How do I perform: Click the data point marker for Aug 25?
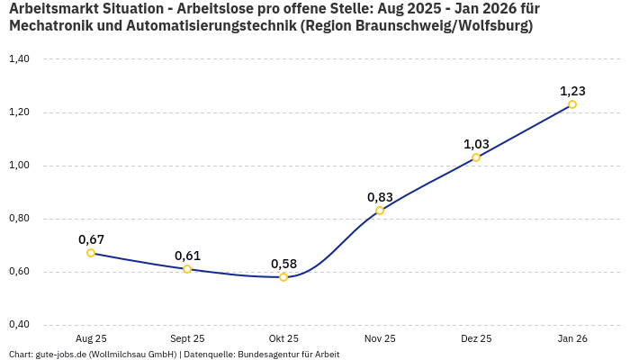pyautogui.click(x=91, y=253)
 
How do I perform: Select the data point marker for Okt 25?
pyautogui.click(x=283, y=277)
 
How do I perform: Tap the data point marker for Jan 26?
pyautogui.click(x=572, y=104)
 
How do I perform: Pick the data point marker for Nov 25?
pyautogui.click(x=380, y=211)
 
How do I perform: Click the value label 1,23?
pyautogui.click(x=572, y=91)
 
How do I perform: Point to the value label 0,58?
pyautogui.click(x=283, y=264)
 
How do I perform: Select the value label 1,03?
pyautogui.click(x=476, y=144)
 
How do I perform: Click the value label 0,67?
pyautogui.click(x=91, y=239)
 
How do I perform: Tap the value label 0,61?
pyautogui.click(x=187, y=256)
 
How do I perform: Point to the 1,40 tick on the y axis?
pyautogui.click(x=19, y=59)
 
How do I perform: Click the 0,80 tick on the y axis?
pyautogui.click(x=19, y=219)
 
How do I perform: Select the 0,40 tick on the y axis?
pyautogui.click(x=19, y=325)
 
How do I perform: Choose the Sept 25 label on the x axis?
pyautogui.click(x=187, y=338)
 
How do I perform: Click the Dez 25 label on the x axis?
pyautogui.click(x=476, y=338)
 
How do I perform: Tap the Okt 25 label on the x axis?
pyautogui.click(x=283, y=338)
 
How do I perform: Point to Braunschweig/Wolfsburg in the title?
pyautogui.click(x=440, y=26)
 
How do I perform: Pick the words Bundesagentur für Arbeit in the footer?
pyautogui.click(x=288, y=354)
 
